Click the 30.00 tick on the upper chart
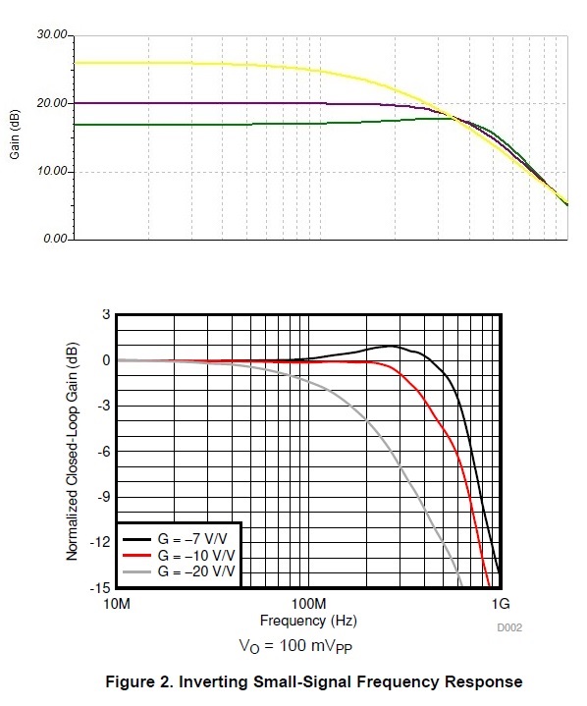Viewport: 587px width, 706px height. click(x=52, y=35)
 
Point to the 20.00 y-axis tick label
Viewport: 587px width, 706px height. click(x=52, y=103)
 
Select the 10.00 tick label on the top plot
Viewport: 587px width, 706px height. click(x=52, y=171)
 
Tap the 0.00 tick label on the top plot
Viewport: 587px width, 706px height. click(x=55, y=239)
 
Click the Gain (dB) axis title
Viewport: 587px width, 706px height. click(x=15, y=135)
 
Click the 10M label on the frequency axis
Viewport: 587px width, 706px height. click(x=117, y=604)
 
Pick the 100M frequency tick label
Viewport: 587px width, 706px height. click(x=309, y=604)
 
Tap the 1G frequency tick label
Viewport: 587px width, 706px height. click(x=501, y=604)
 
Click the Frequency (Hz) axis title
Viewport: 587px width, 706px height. click(x=308, y=621)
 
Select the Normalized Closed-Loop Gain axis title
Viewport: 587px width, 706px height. click(x=72, y=451)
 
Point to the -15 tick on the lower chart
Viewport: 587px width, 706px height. click(x=100, y=587)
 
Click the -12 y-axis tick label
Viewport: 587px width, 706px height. click(x=100, y=542)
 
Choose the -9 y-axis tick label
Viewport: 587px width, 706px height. click(x=103, y=497)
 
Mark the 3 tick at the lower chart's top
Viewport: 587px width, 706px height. click(x=106, y=314)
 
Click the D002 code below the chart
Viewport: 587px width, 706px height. click(x=509, y=627)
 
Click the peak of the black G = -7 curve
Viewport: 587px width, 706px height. click(x=392, y=346)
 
